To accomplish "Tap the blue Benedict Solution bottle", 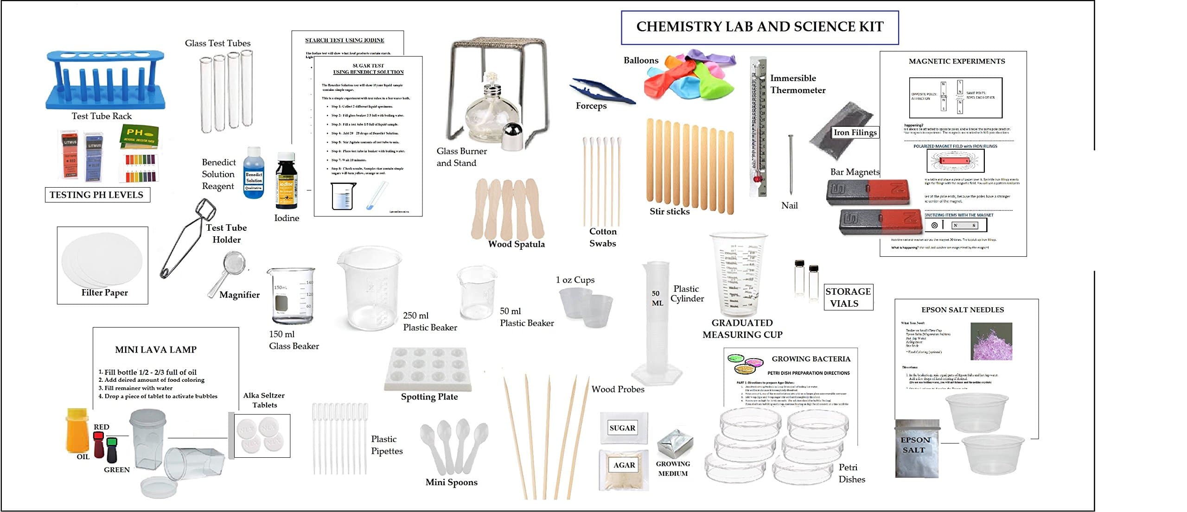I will [254, 174].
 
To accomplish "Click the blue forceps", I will [600, 91].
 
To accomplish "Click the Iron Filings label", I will [855, 133].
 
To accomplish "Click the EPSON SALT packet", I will [916, 448].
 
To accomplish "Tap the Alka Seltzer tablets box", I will [262, 436].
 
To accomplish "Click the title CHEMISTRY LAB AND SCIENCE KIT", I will [759, 27].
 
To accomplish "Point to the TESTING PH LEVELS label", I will [97, 195].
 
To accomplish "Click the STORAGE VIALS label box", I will [848, 297].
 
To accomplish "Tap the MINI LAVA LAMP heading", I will [156, 350].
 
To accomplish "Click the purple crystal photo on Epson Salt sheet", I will [991, 341].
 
